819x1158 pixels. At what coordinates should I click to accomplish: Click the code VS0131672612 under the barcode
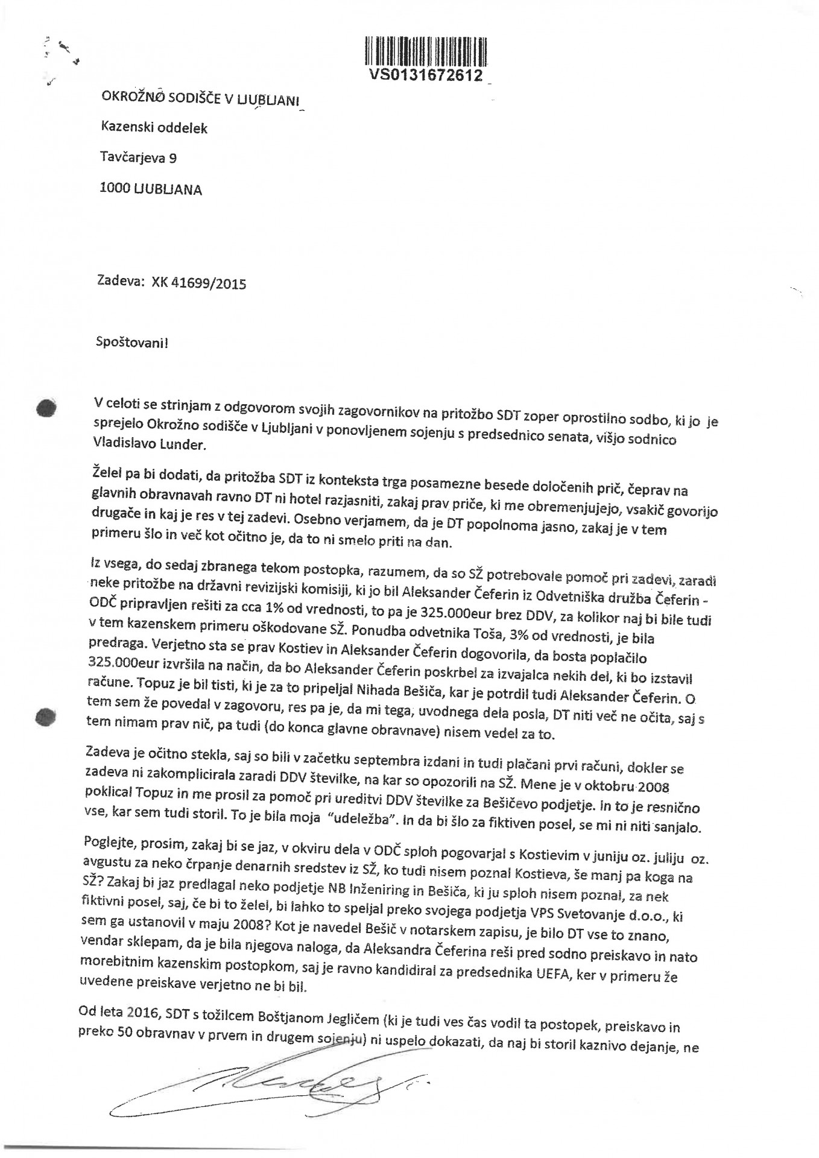click(x=426, y=75)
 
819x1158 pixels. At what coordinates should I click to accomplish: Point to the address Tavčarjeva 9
click(x=138, y=157)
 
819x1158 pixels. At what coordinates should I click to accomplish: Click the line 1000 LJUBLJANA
click(x=151, y=189)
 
